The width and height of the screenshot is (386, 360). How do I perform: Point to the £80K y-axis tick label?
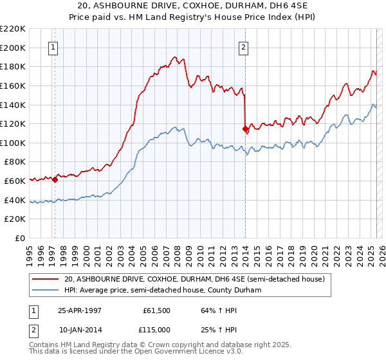[x=15, y=162]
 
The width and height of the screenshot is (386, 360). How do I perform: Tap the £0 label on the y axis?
[x=21, y=239]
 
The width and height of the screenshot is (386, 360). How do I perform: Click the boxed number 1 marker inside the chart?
[x=52, y=46]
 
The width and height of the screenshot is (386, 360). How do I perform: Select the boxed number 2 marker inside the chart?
[x=244, y=46]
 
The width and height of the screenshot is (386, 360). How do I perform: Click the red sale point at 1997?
[x=55, y=180]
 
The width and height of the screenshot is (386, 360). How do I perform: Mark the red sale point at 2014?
[x=245, y=129]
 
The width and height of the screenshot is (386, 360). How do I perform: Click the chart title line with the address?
[x=192, y=6]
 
